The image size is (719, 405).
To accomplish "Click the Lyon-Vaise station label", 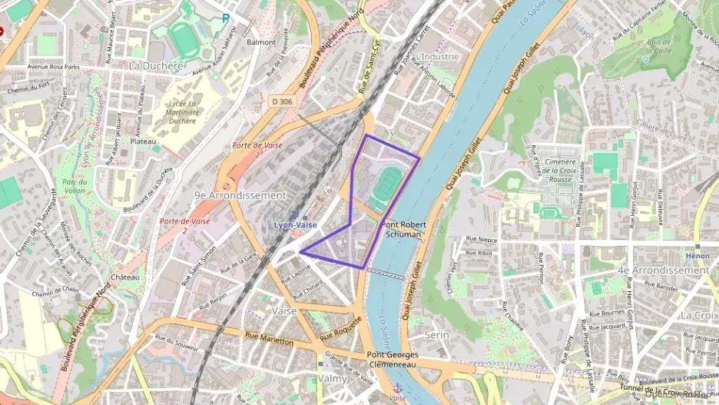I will tap(296, 224).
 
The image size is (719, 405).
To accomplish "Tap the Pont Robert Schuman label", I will tap(403, 230).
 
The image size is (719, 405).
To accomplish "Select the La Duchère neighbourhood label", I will tap(157, 66).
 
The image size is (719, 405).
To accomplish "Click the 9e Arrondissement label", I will tap(240, 195).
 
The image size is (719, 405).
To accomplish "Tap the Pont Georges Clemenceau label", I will tap(393, 360).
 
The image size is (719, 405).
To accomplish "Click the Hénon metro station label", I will tap(697, 255).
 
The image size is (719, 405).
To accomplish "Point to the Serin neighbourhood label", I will tap(437, 334).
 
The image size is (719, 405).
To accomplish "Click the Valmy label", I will tap(333, 379).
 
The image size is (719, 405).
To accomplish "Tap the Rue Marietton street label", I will tap(270, 338).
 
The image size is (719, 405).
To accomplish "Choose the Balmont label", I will tap(261, 42).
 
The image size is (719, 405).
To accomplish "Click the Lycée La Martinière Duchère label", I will tap(182, 111).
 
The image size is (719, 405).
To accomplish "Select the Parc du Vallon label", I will tap(74, 186).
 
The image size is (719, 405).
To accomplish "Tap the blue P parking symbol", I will tap(226, 18).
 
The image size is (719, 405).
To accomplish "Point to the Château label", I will tap(124, 277).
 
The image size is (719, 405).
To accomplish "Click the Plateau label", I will tap(143, 141).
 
